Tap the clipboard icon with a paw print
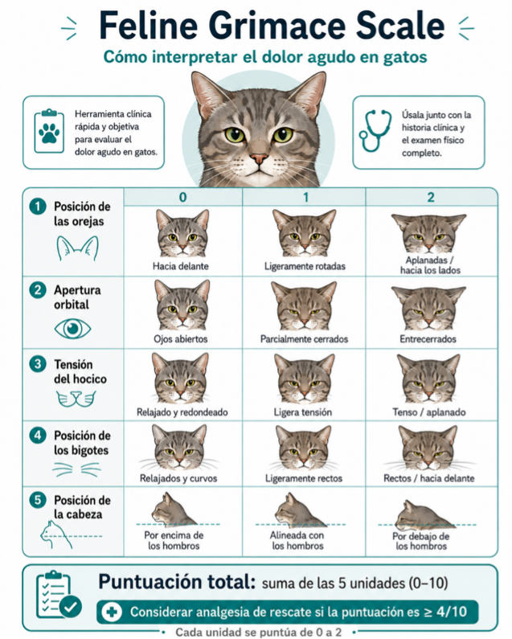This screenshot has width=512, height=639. point(49,131)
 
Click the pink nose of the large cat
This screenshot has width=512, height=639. point(260,158)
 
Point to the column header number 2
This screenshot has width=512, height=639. point(431,197)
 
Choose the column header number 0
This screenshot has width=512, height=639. point(183,197)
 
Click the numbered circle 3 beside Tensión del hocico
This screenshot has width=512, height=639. point(38,363)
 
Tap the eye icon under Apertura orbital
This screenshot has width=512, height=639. point(72,329)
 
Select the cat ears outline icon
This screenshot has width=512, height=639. point(77,248)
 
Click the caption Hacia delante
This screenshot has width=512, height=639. point(181,266)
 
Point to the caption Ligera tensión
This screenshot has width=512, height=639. point(303,412)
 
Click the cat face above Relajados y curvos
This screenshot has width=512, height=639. point(179,448)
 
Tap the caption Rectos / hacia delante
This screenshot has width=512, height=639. point(429,478)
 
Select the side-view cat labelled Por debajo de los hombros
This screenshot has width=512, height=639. point(424,514)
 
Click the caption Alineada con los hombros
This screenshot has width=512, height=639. point(297,540)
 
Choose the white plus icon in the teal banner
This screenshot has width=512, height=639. point(111,612)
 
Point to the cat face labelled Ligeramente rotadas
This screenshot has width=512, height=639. point(304,233)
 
